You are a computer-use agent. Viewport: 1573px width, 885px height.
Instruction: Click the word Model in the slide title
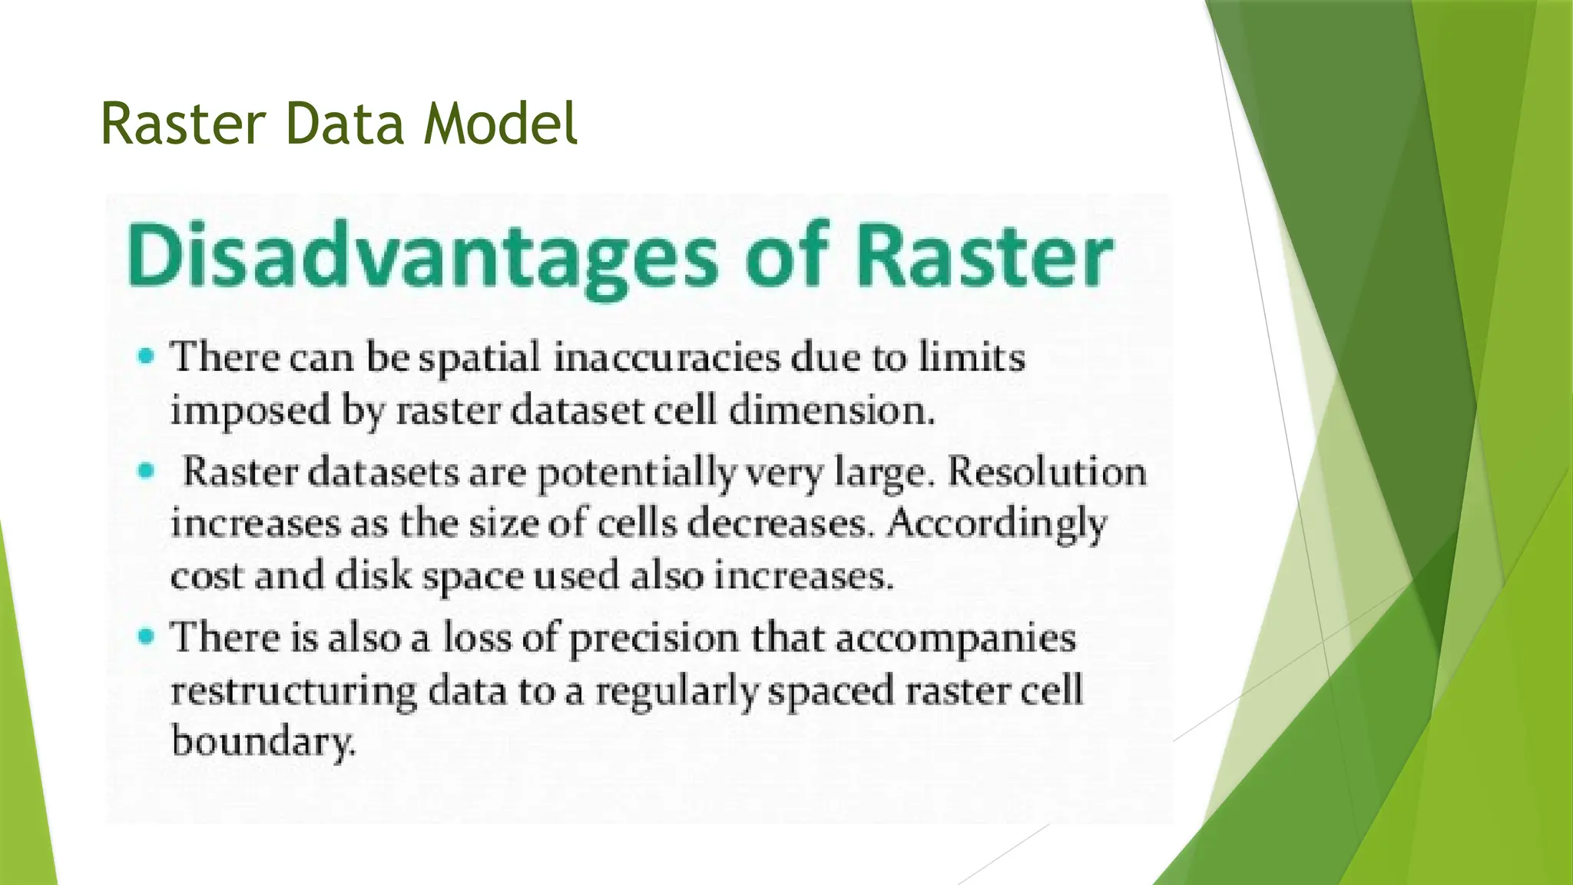pyautogui.click(x=500, y=124)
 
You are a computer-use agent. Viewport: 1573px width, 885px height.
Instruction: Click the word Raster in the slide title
pyautogui.click(x=183, y=124)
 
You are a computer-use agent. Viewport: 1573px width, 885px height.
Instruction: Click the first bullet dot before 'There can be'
pyautogui.click(x=146, y=356)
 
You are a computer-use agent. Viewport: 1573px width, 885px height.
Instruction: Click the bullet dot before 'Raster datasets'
pyautogui.click(x=146, y=470)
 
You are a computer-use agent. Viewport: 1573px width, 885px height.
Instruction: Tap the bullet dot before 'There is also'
pyautogui.click(x=146, y=636)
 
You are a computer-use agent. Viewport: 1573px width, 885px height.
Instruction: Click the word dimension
pyautogui.click(x=831, y=409)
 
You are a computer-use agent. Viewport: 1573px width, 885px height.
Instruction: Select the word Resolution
pyautogui.click(x=1047, y=471)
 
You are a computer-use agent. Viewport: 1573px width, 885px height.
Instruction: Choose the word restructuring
pyautogui.click(x=293, y=691)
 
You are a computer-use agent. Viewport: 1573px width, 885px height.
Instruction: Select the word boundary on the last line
pyautogui.click(x=263, y=742)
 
